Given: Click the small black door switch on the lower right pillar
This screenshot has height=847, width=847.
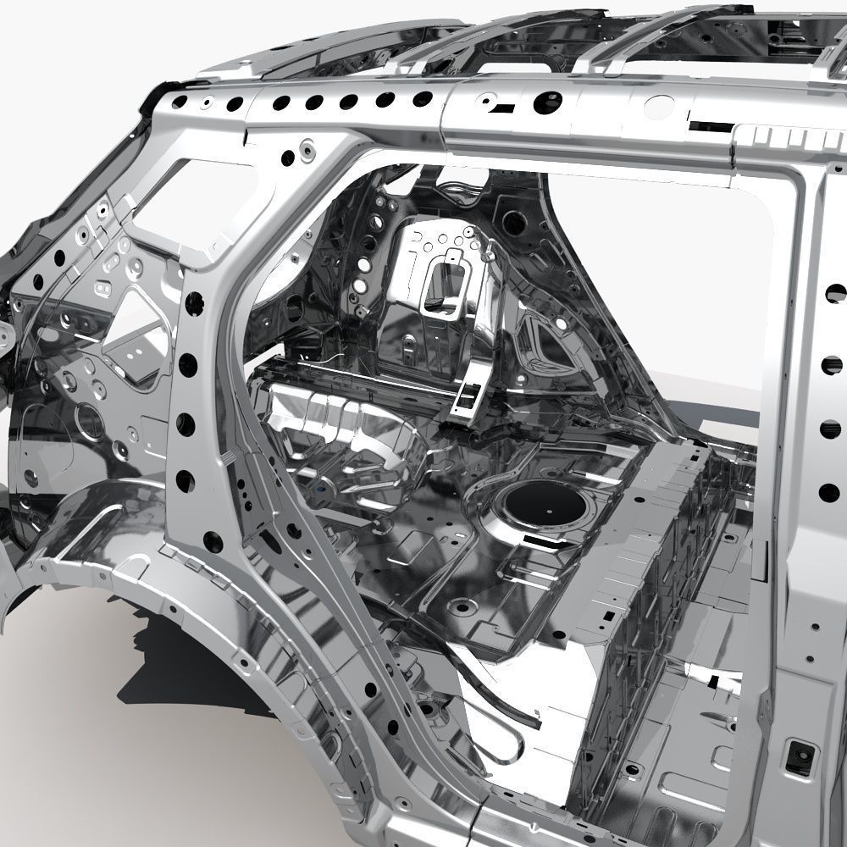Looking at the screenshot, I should coord(798,756).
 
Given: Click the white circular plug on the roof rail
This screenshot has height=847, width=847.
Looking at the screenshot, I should coord(660,107).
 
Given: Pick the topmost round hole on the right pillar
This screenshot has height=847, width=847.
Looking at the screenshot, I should coord(835,293).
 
